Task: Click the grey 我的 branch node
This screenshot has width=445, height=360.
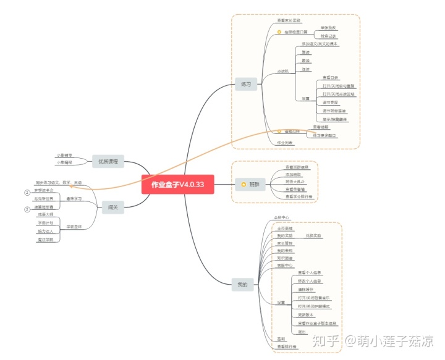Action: tap(242, 285)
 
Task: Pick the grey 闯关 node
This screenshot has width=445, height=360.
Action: tap(112, 208)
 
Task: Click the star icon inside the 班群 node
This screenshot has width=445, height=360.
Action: tap(244, 184)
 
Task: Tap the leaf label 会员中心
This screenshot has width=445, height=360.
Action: tap(282, 218)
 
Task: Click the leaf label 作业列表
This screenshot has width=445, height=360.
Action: tap(285, 143)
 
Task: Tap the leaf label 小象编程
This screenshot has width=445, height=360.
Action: tap(64, 162)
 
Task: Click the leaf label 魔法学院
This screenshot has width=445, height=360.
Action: tap(46, 239)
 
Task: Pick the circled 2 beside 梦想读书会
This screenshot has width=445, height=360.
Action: tap(27, 192)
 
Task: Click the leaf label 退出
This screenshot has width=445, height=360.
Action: tap(302, 331)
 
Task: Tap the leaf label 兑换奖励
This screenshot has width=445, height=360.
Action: tap(313, 236)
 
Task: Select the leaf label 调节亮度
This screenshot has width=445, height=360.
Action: tap(330, 103)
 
